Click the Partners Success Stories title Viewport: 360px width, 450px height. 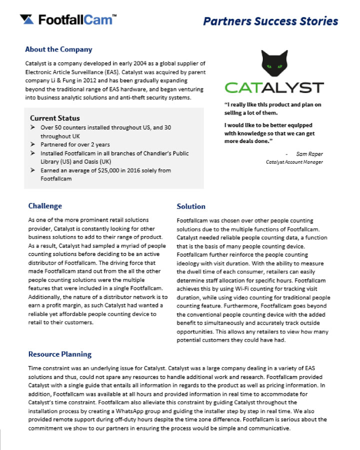270,21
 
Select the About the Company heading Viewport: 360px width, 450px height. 58,49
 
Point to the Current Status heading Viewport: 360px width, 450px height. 55,118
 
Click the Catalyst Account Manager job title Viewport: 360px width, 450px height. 294,162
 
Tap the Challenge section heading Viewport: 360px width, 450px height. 45,206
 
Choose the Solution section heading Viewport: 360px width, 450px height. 191,206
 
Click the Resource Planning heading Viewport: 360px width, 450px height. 60,354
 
